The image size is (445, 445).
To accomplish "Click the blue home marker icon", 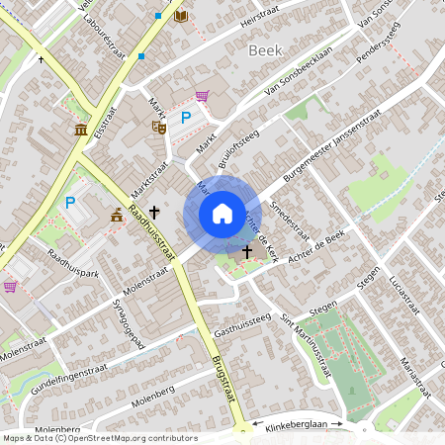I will [222, 214].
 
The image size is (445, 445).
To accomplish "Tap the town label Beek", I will [266, 49].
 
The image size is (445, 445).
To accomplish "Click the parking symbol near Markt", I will [185, 119].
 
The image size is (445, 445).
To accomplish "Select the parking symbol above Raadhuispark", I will [69, 203].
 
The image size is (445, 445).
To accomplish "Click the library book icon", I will [180, 16].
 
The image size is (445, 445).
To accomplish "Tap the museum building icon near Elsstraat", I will [80, 131].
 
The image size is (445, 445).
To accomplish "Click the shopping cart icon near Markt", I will [202, 96].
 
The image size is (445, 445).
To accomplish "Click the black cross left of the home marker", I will [154, 212].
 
